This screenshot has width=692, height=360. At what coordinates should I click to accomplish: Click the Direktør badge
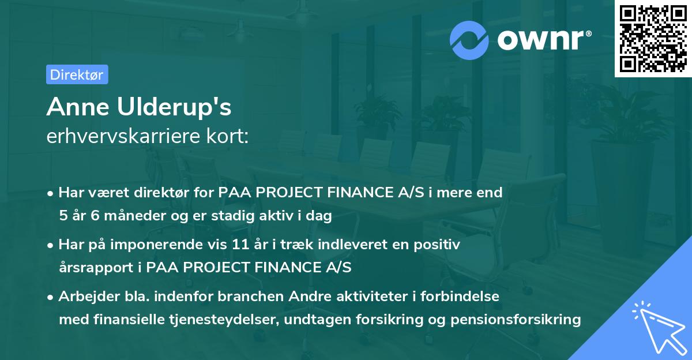pyautogui.click(x=77, y=74)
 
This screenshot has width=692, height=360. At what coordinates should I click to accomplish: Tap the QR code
pyautogui.click(x=652, y=38)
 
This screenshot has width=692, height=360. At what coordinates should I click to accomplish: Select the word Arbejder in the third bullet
pyautogui.click(x=84, y=297)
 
